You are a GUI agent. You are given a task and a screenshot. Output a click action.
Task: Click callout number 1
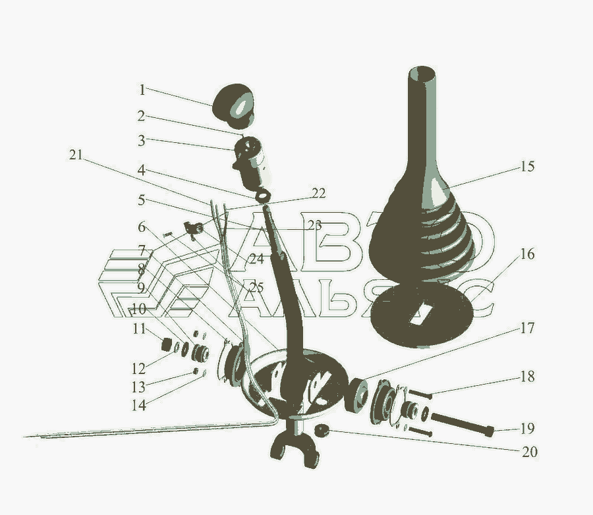pyautogui.click(x=142, y=90)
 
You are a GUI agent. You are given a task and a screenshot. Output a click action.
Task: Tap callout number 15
pyautogui.click(x=528, y=167)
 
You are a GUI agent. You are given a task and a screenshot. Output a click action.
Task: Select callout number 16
pyautogui.click(x=528, y=254)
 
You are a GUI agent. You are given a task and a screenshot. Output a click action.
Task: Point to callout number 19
pyautogui.click(x=528, y=429)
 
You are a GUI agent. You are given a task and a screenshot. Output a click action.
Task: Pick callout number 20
pyautogui.click(x=530, y=452)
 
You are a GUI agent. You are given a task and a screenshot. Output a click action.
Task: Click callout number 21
pyautogui.click(x=76, y=155)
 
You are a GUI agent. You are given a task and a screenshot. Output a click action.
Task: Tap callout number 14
pyautogui.click(x=139, y=405)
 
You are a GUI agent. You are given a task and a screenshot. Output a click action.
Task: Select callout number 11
pyautogui.click(x=139, y=329)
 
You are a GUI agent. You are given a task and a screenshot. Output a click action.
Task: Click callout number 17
pyautogui.click(x=528, y=328)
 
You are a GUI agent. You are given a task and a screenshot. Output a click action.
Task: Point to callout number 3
pyautogui.click(x=142, y=141)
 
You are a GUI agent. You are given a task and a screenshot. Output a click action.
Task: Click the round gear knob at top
pyautogui.click(x=233, y=105)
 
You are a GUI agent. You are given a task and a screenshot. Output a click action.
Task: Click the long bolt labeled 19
pyautogui.click(x=462, y=423)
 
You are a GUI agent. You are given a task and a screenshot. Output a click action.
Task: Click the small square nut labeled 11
pyautogui.click(x=165, y=344)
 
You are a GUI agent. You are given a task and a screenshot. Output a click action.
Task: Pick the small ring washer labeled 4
pyautogui.click(x=262, y=196)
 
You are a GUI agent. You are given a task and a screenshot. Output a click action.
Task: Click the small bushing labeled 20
pyautogui.click(x=322, y=430)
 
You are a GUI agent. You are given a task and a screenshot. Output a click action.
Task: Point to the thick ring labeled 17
pyautogui.click(x=356, y=395)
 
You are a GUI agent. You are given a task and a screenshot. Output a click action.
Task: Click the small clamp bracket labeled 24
pyautogui.click(x=194, y=229)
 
